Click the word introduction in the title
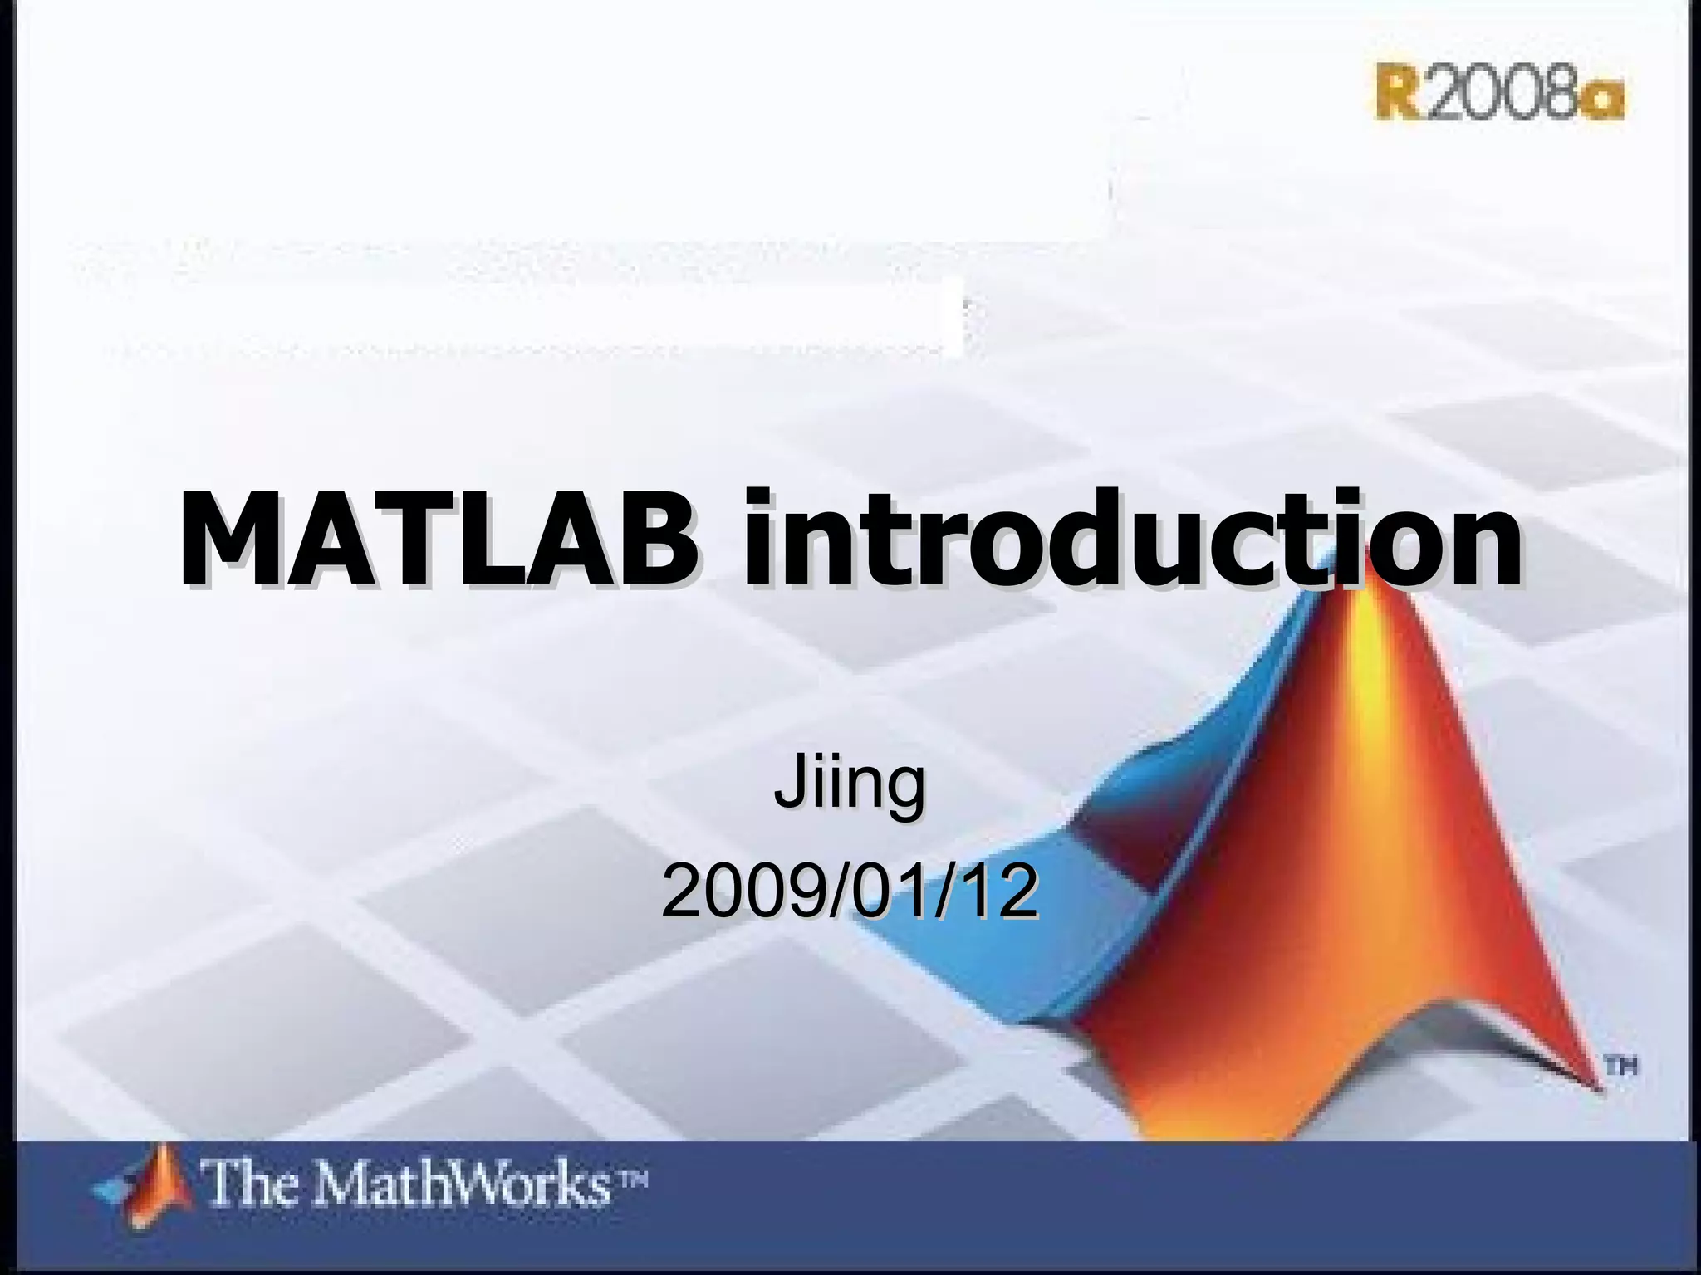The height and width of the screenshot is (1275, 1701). pyautogui.click(x=1133, y=538)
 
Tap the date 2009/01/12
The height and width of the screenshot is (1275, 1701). pyautogui.click(x=849, y=893)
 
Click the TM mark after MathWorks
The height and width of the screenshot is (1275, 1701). pyautogui.click(x=632, y=1176)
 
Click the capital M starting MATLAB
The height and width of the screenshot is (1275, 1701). pyautogui.click(x=228, y=538)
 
